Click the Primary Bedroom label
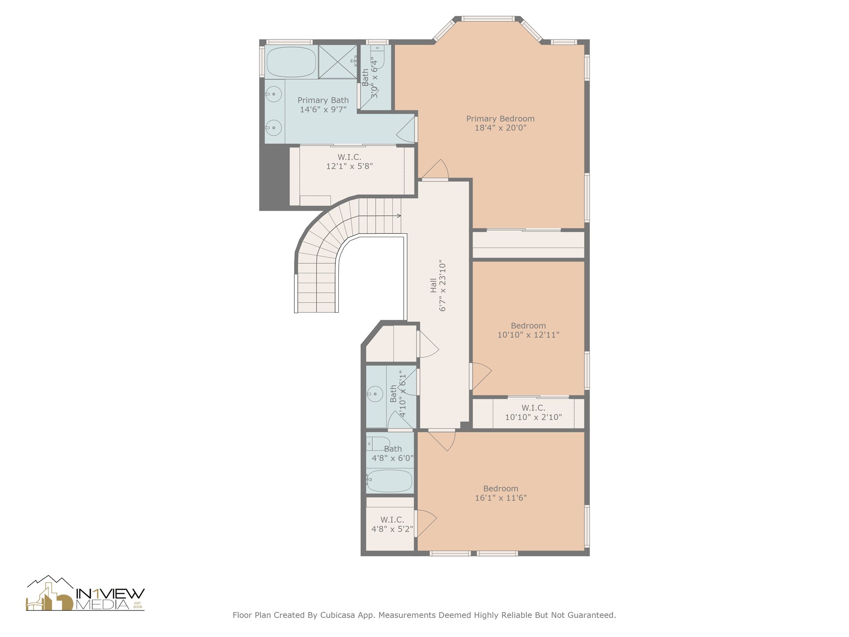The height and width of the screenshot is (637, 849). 500,119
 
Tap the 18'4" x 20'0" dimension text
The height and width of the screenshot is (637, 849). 500,128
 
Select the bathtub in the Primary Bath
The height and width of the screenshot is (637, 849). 291,62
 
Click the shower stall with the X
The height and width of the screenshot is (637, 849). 338,62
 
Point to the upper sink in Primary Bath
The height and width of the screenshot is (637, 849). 273,94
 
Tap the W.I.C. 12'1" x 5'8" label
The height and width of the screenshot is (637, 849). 349,162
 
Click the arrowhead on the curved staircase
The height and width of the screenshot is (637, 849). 399,216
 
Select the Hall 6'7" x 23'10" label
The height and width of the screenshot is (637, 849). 438,286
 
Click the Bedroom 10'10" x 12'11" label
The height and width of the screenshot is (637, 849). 528,330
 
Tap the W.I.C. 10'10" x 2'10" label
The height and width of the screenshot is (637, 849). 533,413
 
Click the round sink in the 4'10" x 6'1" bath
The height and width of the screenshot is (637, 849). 375,393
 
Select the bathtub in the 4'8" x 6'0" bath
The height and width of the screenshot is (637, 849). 390,481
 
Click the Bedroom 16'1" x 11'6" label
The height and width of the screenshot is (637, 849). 500,493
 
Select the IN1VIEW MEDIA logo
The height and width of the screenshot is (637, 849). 85,594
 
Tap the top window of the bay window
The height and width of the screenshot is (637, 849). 488,19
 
